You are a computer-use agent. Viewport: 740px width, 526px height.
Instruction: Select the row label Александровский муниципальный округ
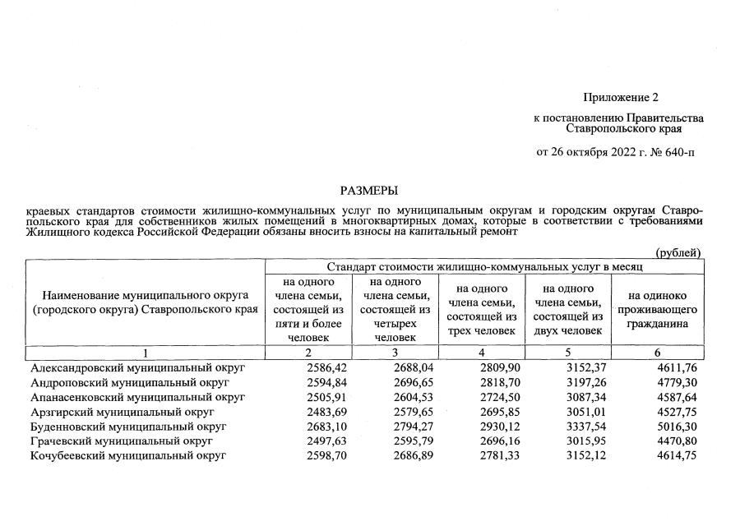127,367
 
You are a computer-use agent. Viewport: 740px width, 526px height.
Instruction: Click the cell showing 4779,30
676,382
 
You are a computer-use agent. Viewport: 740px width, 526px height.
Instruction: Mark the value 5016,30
676,427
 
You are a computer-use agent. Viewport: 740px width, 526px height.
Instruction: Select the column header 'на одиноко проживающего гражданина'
658,308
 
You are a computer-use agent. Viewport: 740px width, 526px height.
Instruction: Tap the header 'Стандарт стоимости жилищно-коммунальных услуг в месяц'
484,266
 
